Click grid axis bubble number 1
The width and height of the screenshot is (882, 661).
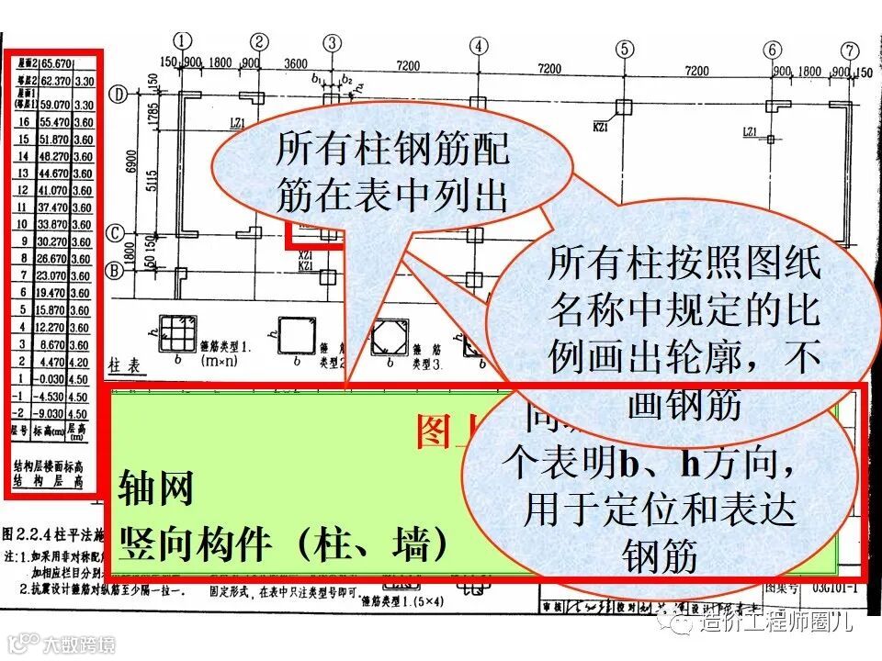[185, 40]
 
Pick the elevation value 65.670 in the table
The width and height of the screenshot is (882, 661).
[55, 63]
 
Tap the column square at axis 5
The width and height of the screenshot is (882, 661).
[626, 106]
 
